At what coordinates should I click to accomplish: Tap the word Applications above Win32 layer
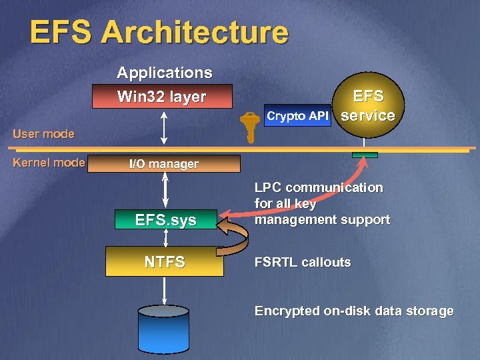[x=164, y=72]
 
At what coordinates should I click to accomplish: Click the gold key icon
[x=249, y=127]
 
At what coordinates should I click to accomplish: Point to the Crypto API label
[x=297, y=116]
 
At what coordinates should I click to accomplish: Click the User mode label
[x=43, y=134]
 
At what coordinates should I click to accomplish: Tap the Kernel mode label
[x=49, y=162]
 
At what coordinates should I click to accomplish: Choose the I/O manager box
[x=164, y=163]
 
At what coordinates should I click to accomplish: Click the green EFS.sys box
[x=165, y=219]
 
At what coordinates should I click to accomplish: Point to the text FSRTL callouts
[x=303, y=262]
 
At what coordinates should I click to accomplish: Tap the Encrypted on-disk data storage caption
[x=354, y=311]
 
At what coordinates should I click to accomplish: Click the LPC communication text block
[x=322, y=203]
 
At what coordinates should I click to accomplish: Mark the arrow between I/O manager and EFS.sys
[x=165, y=191]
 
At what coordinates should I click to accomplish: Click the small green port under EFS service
[x=365, y=155]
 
